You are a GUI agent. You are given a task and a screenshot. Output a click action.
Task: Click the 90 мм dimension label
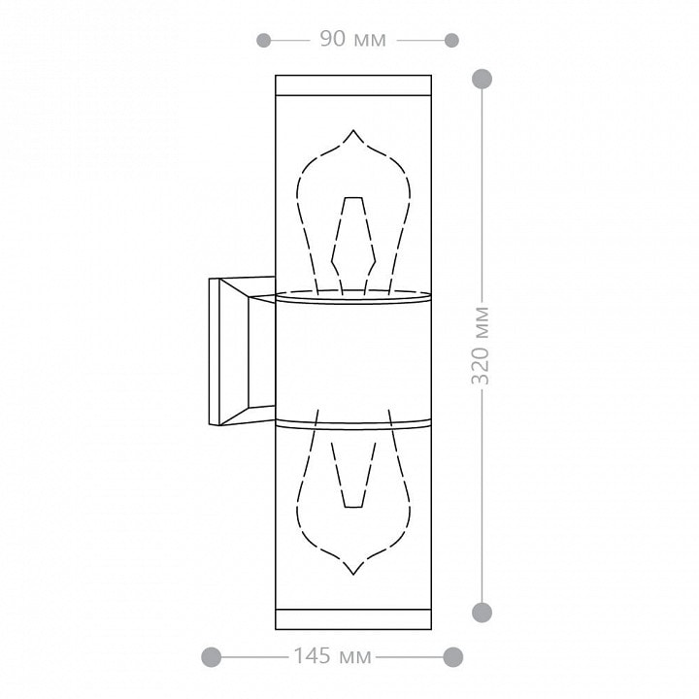353,39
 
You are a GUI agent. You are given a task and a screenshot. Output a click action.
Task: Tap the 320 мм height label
481,346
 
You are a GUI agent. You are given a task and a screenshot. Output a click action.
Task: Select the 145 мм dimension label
332,655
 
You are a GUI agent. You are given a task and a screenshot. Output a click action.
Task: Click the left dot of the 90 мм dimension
263,41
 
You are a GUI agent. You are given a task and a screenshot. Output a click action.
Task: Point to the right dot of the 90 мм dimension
451,41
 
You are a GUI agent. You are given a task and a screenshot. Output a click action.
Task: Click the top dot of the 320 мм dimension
482,79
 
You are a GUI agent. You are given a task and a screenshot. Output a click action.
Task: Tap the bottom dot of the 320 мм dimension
482,612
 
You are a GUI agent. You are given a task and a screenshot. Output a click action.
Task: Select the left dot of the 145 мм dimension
212,657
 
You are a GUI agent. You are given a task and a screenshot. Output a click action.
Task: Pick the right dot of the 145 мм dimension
453,657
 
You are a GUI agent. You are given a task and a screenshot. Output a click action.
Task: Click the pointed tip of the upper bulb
353,130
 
